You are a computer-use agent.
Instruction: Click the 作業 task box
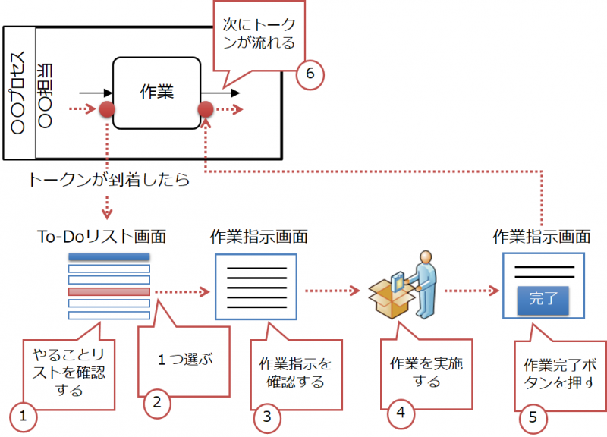(158, 93)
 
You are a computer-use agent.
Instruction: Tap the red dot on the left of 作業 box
(108, 111)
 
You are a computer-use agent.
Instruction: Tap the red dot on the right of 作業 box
(206, 111)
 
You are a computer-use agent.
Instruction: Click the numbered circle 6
(310, 74)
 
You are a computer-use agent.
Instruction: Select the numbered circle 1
(24, 416)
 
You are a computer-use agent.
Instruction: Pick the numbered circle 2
(157, 402)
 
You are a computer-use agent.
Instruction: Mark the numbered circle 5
(533, 416)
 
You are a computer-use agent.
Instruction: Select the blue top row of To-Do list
(109, 257)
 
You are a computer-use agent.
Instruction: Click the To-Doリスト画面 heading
(104, 236)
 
